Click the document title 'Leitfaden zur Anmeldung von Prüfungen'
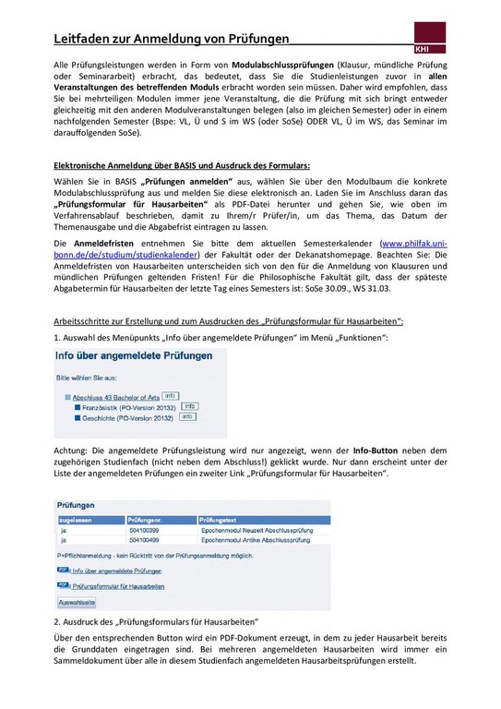point(167,40)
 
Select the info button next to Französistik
point(189,405)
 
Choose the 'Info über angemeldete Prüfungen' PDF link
point(110,571)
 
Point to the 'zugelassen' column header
point(75,521)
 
